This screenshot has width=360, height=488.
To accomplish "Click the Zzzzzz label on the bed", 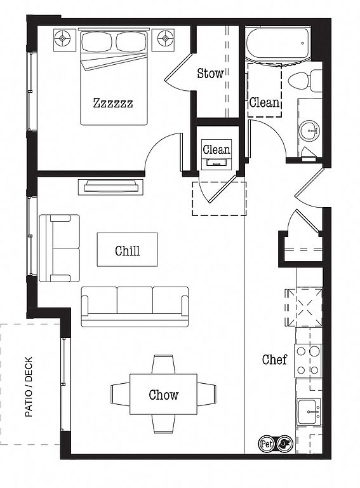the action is click(113, 103).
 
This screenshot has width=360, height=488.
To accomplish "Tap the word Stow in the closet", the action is click(210, 73).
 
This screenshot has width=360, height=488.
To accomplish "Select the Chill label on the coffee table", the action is click(127, 250).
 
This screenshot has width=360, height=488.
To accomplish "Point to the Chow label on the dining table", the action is click(164, 395).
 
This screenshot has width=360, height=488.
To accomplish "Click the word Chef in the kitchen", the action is click(274, 360).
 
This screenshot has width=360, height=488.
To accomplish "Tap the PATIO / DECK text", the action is click(29, 387).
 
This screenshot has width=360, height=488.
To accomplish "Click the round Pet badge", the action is click(266, 444).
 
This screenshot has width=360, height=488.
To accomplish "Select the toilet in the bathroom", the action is click(305, 81).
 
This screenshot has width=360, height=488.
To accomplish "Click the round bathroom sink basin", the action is click(309, 131).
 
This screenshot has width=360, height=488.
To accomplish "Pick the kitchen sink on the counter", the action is click(309, 412).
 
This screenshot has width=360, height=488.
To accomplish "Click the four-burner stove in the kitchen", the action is click(308, 361).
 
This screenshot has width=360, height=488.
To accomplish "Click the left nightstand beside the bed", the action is click(65, 40).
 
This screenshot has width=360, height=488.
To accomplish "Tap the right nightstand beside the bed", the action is click(163, 40).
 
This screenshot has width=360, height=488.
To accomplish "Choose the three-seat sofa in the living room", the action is click(135, 306).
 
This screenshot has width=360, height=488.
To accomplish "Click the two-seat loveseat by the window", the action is click(59, 248).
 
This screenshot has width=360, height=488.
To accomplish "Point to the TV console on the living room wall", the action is click(110, 187).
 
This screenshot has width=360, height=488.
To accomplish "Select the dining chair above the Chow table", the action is click(163, 365).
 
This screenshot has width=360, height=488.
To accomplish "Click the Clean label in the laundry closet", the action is click(217, 150).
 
